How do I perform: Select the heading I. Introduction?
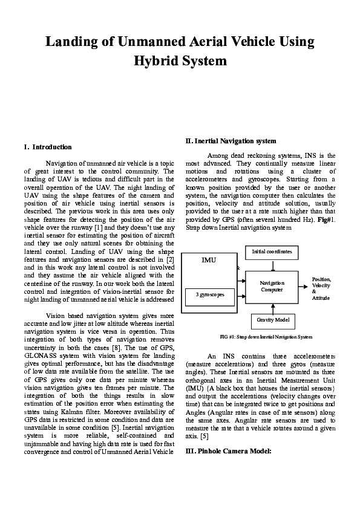click(x=47, y=147)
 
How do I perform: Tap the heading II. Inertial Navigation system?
click(x=231, y=141)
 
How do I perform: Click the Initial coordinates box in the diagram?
click(x=272, y=251)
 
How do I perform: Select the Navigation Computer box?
click(x=272, y=287)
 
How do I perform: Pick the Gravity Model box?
click(x=273, y=319)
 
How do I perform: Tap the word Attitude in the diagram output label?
click(x=321, y=299)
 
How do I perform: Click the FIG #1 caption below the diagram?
click(x=266, y=336)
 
